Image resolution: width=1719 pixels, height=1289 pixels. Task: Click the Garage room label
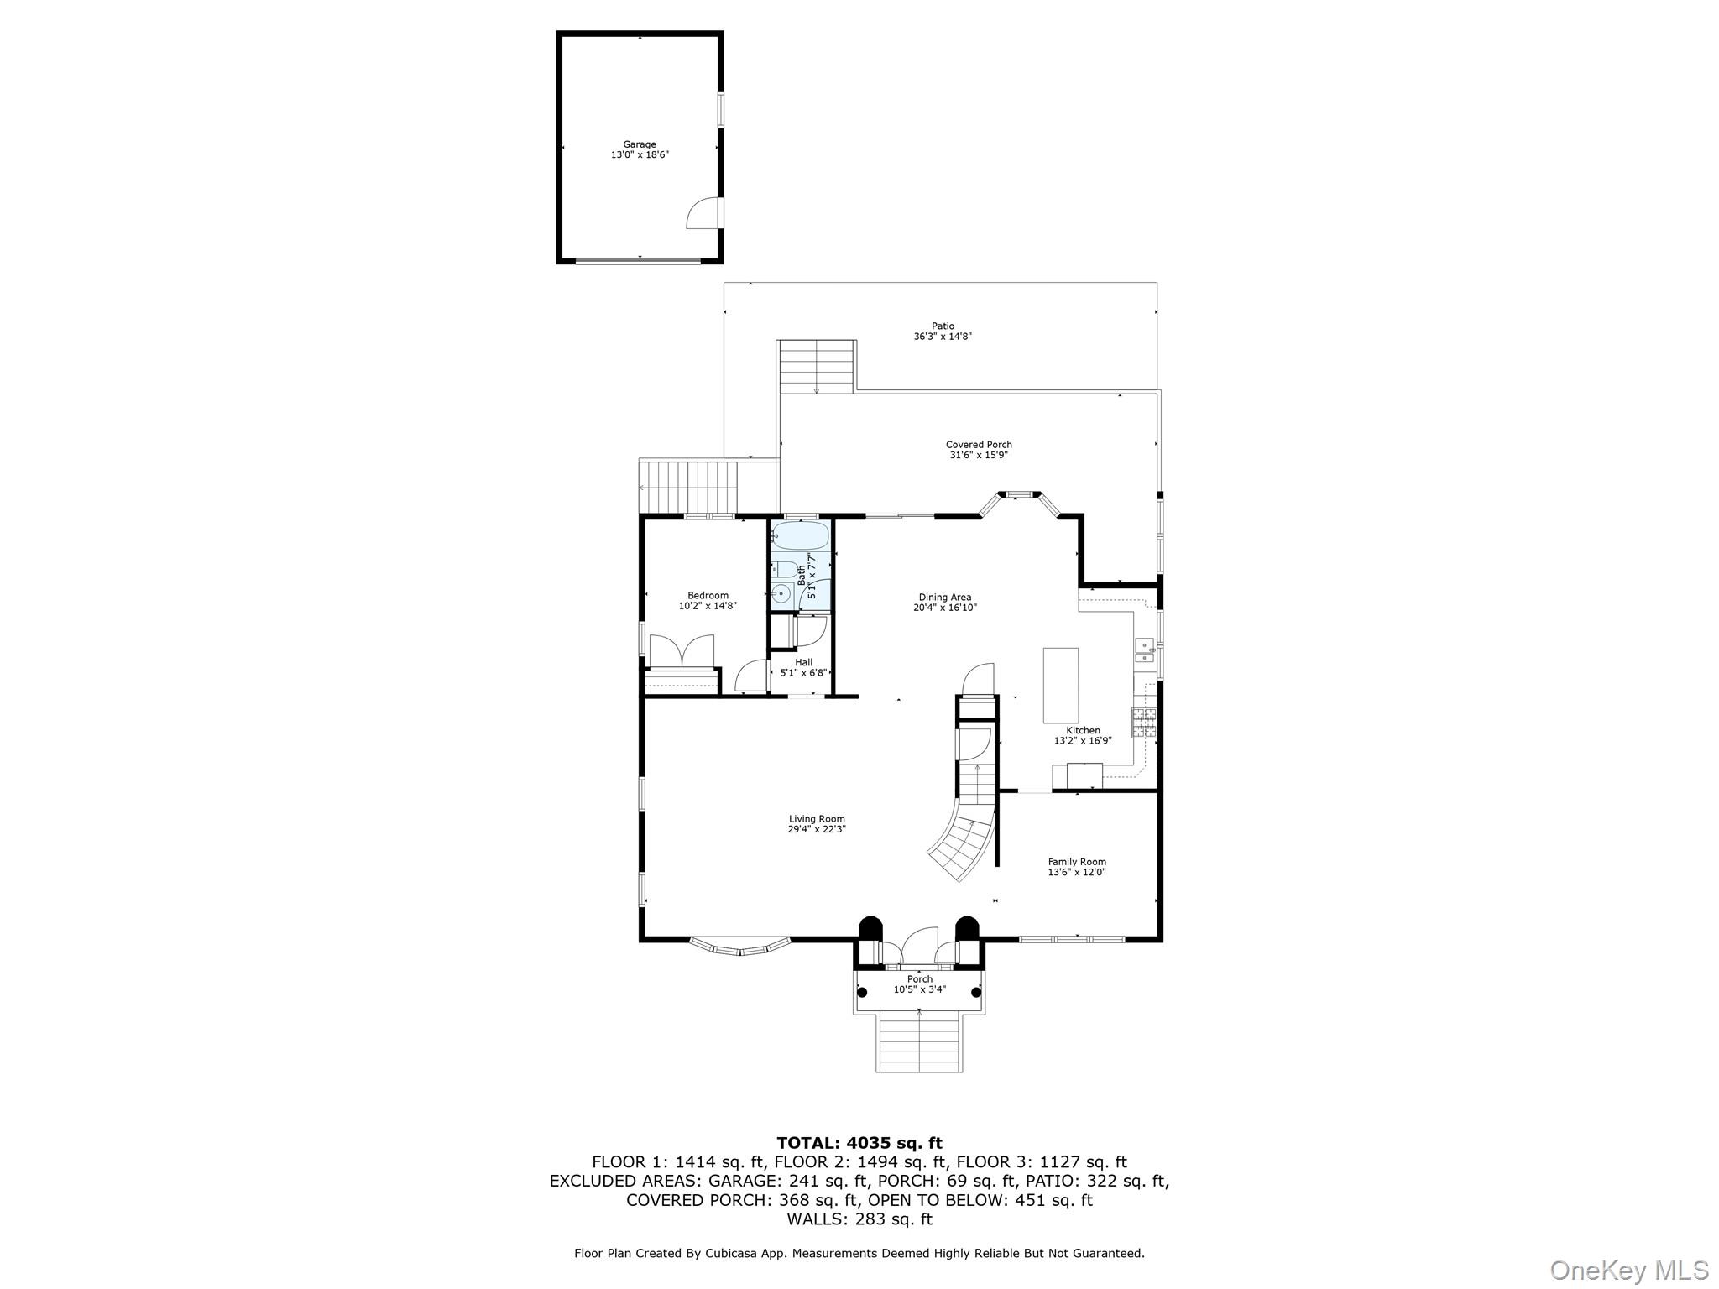(x=640, y=144)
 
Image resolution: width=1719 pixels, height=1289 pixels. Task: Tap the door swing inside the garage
(x=702, y=215)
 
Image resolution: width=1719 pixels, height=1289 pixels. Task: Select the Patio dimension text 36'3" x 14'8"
(x=943, y=337)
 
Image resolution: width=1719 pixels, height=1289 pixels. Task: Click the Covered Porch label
(x=979, y=445)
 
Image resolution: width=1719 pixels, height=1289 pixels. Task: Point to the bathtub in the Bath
(x=800, y=535)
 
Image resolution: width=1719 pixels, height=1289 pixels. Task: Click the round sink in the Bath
(x=781, y=593)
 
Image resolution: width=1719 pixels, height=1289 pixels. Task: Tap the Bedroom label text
(x=708, y=596)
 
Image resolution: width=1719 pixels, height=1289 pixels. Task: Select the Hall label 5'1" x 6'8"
(x=803, y=672)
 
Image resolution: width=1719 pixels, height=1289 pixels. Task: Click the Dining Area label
(x=944, y=598)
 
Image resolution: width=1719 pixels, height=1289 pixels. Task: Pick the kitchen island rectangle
(x=1060, y=685)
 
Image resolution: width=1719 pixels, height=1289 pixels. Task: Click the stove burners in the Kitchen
(x=1144, y=723)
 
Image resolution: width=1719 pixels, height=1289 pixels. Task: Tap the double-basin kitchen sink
(x=1143, y=650)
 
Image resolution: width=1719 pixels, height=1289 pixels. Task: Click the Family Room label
(x=1077, y=862)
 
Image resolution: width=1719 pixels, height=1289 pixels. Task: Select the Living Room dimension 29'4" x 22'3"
(x=817, y=829)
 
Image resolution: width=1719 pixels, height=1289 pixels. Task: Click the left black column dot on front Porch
(x=862, y=992)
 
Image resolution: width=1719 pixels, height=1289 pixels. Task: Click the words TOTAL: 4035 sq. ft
(x=859, y=1143)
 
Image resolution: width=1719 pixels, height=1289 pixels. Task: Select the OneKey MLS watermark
(x=1628, y=1270)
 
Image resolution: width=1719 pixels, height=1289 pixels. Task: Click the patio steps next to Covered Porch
(x=816, y=367)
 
